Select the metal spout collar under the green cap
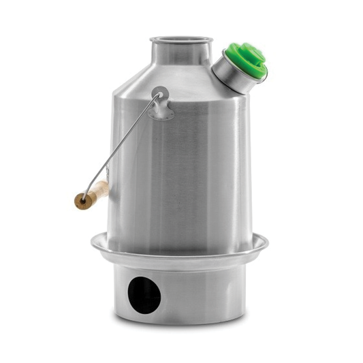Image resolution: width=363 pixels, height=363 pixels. point(230,77)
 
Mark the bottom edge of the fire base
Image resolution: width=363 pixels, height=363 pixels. point(180,324)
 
